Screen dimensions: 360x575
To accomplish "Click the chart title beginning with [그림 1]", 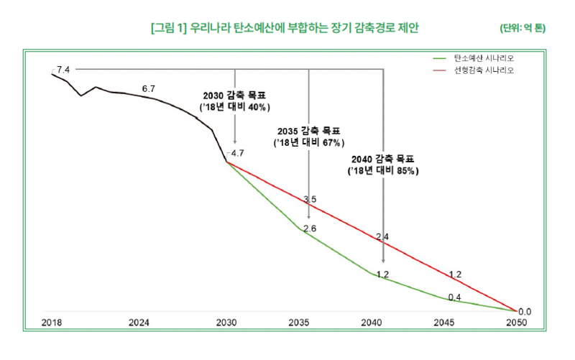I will click(x=285, y=28).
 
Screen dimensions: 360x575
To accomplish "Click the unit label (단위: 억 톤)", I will click(x=523, y=29).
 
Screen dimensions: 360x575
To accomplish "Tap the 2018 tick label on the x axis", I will click(x=52, y=323).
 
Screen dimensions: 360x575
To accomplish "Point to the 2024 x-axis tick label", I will click(x=139, y=323).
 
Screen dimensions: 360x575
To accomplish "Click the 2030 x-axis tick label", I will click(x=226, y=323).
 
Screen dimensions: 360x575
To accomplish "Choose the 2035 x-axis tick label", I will click(x=300, y=323).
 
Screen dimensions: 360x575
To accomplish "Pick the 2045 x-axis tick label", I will click(x=445, y=323).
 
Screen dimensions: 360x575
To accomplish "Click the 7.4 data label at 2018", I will click(x=63, y=70).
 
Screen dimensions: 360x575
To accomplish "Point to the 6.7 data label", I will click(x=149, y=88).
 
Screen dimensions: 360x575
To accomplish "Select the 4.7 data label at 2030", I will click(x=237, y=153).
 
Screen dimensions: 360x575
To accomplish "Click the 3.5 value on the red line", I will click(x=310, y=199).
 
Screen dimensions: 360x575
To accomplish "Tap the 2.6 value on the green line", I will click(x=310, y=229).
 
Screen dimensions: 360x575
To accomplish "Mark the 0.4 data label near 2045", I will click(x=454, y=297).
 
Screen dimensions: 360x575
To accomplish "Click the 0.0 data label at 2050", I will click(x=524, y=311).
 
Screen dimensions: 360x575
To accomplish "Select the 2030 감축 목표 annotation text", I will click(x=234, y=101).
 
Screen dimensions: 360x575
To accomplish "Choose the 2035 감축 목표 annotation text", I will click(x=308, y=137).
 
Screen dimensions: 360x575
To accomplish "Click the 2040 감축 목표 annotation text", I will click(x=383, y=165).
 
